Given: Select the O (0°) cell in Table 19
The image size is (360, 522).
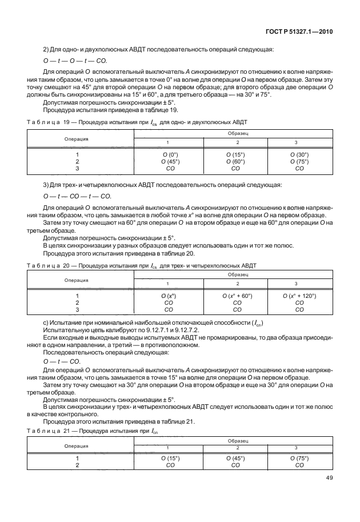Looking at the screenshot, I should coord(170,154).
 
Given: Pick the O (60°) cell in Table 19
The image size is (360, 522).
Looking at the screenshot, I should coord(235,161).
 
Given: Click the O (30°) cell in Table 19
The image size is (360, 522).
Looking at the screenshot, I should coord(299,154).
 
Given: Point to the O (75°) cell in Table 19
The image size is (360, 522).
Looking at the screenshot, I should coord(299,161).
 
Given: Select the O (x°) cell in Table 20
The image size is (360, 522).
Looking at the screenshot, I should coord(169,296).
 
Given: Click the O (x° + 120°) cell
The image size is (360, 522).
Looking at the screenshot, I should coord(299,296).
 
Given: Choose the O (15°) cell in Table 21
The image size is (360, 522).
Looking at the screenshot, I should coord(170,458).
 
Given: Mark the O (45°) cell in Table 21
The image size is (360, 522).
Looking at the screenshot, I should coord(235,458).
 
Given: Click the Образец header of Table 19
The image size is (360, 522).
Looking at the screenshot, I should coord(235,132).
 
